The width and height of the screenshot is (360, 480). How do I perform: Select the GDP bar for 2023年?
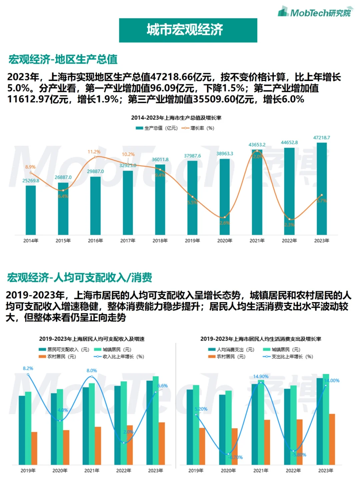(x=322, y=188)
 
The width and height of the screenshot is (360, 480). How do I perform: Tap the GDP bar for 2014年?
(x=31, y=210)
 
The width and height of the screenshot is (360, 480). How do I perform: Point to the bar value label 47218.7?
(x=322, y=138)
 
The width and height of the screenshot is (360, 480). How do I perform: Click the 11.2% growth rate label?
(x=94, y=152)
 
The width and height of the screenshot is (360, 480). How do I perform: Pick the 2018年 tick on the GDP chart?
(x=160, y=241)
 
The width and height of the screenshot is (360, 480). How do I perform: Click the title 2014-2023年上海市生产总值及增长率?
(x=176, y=118)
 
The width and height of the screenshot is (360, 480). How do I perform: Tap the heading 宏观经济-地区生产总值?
(x=63, y=59)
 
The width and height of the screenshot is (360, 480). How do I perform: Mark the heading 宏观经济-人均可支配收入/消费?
(x=80, y=277)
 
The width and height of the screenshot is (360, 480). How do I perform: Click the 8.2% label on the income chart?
(x=28, y=368)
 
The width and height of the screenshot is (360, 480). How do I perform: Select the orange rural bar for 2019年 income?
(x=34, y=448)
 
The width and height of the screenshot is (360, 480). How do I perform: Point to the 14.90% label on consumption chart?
(x=261, y=376)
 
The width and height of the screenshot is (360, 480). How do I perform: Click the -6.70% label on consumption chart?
(x=236, y=457)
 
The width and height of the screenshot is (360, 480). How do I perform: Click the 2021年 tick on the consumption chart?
(x=261, y=471)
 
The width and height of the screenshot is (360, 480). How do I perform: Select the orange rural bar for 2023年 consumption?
(x=332, y=439)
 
